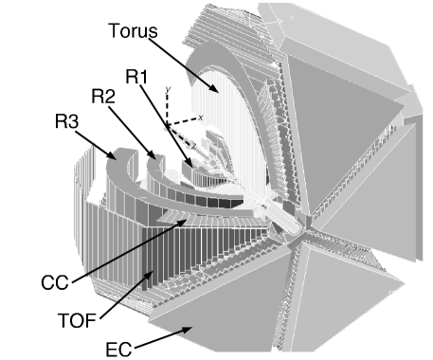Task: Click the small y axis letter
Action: tap(167, 88)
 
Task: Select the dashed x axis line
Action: tap(183, 121)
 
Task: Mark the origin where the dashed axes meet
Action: tap(168, 125)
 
